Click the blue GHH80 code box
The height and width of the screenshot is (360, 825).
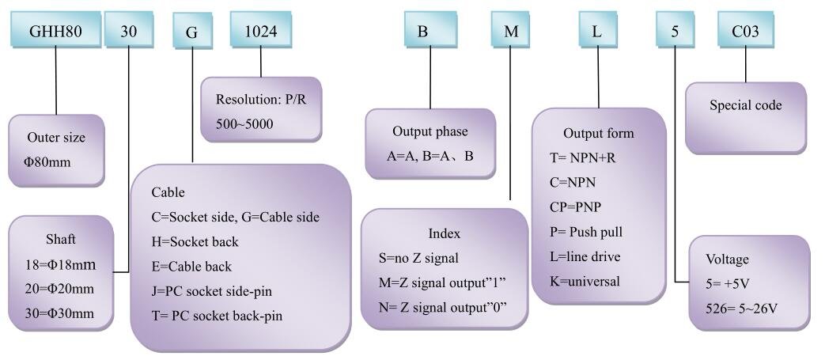(x=55, y=31)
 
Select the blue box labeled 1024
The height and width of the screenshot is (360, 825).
(x=260, y=31)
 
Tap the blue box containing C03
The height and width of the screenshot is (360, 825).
(x=746, y=31)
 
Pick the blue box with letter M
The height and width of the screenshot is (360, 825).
(x=511, y=31)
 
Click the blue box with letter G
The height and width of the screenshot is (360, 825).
(x=192, y=32)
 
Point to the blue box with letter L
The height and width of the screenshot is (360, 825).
(x=596, y=31)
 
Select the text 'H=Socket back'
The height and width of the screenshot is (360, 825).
(x=195, y=241)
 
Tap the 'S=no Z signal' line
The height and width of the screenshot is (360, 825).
(x=418, y=258)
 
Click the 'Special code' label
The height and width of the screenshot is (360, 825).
(x=746, y=105)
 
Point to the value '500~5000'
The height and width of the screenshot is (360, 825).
(x=244, y=124)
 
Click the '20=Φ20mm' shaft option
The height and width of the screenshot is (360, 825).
(x=59, y=289)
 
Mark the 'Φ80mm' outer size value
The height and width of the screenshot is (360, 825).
(x=47, y=162)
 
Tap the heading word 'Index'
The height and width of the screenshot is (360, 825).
(x=444, y=233)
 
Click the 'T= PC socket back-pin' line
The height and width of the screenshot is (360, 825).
(x=217, y=316)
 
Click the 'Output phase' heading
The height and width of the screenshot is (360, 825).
(x=430, y=131)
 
